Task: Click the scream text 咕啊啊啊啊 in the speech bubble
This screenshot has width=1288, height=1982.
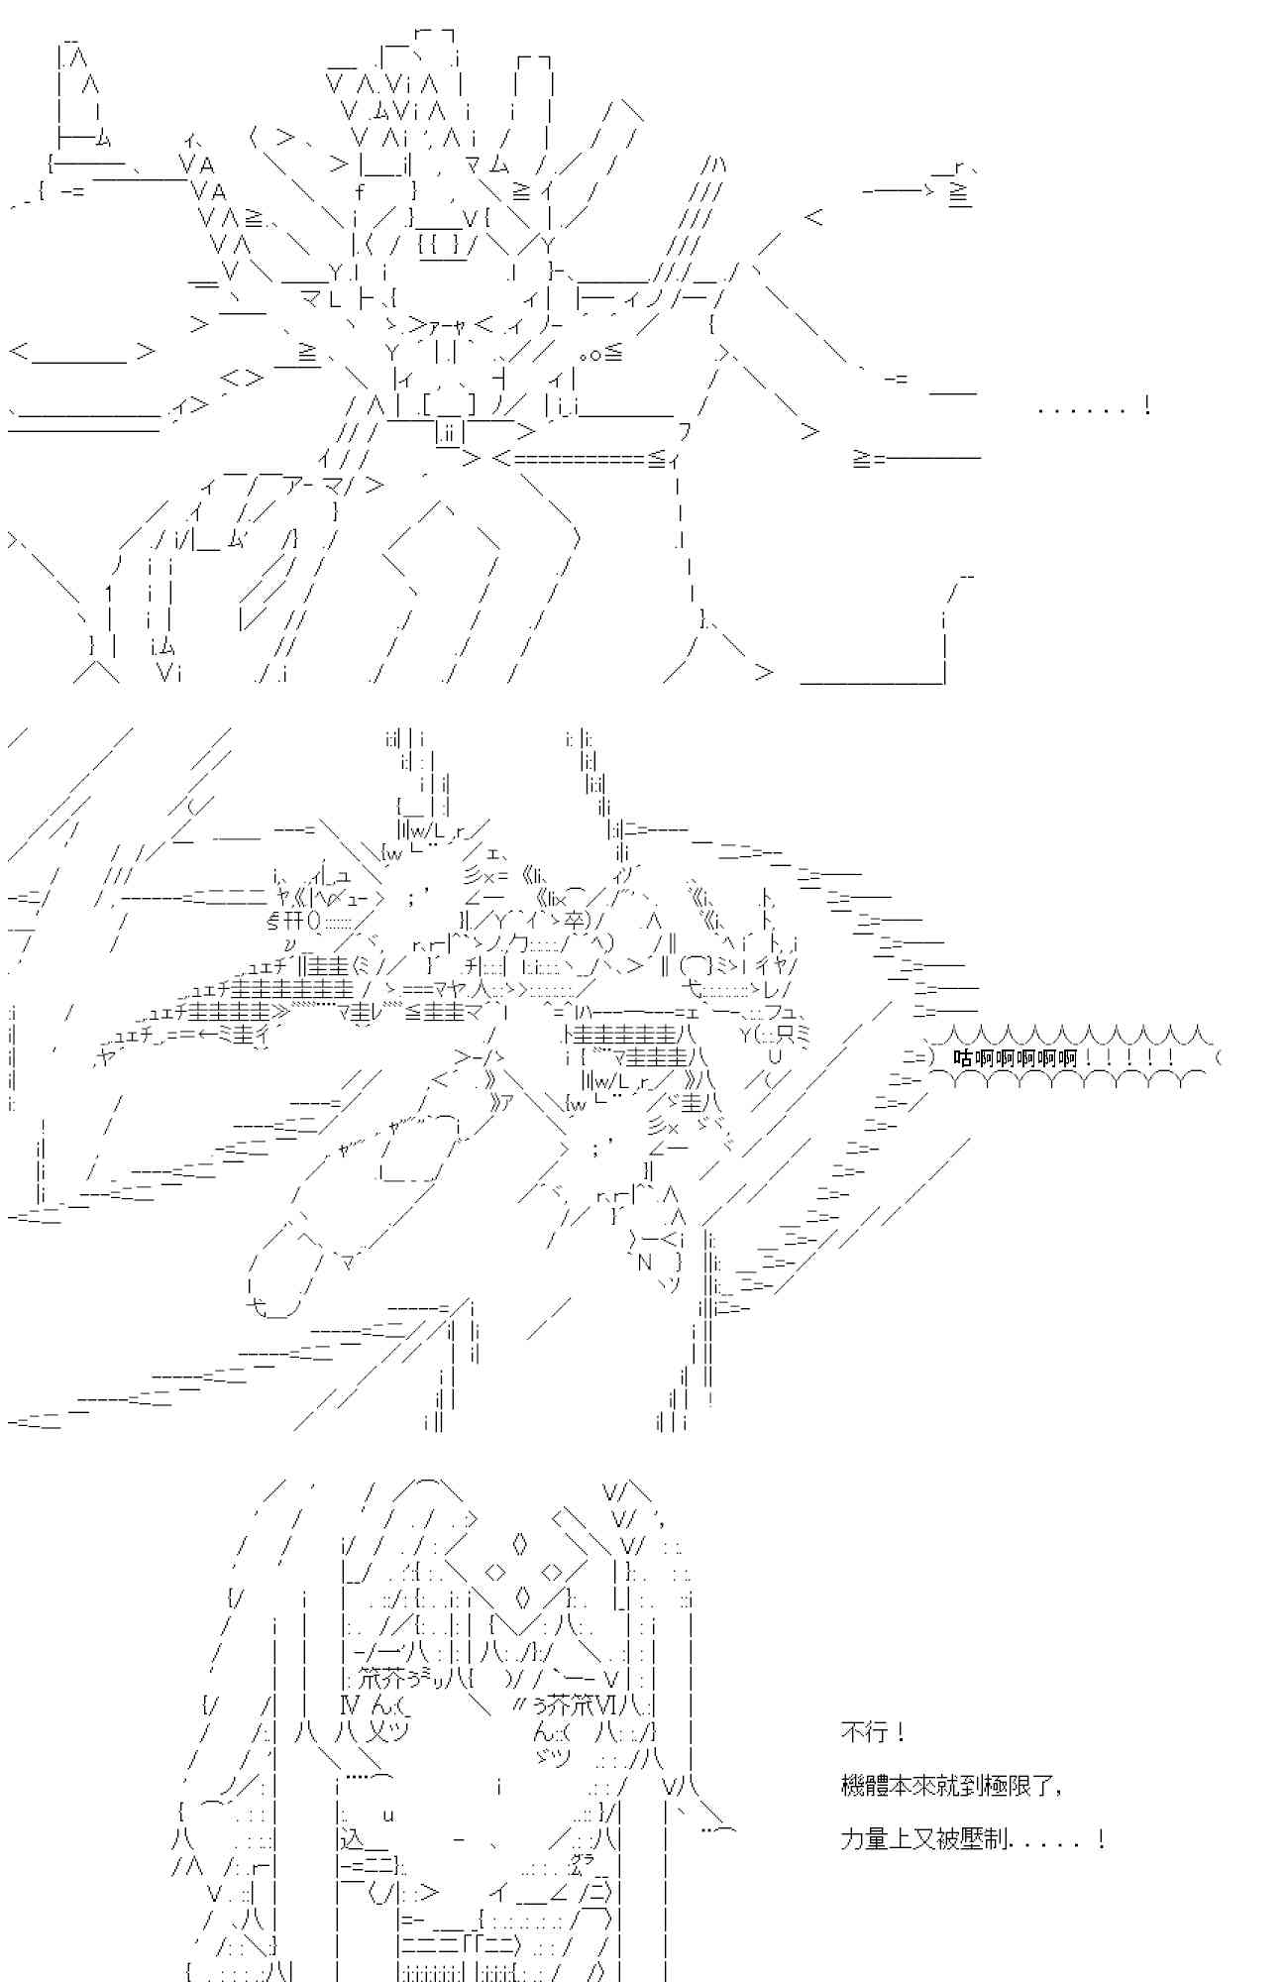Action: click(x=1015, y=1058)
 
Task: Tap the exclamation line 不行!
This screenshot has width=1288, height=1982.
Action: click(x=872, y=1732)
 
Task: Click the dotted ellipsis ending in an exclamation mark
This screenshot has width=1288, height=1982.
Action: click(x=1093, y=406)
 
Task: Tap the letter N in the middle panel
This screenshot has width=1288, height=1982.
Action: click(x=644, y=1263)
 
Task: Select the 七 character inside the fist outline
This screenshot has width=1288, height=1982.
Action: click(x=257, y=1308)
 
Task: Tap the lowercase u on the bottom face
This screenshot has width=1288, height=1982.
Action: click(x=388, y=1814)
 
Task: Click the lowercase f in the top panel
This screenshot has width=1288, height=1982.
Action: click(x=359, y=192)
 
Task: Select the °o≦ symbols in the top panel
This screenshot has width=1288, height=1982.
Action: click(x=600, y=353)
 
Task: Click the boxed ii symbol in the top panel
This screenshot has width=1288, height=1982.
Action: click(x=449, y=432)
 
